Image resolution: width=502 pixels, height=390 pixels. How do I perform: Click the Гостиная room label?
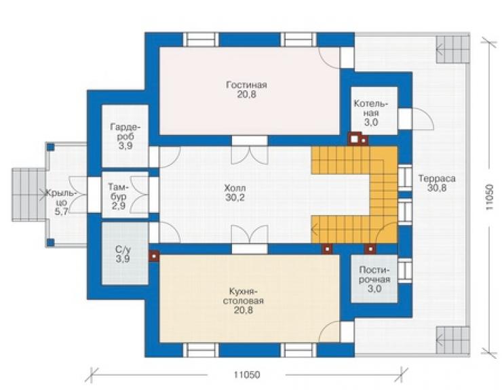(x=246, y=85)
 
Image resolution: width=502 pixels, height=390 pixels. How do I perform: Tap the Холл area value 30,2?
(x=235, y=197)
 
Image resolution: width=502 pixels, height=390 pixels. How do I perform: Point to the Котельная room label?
(x=371, y=109)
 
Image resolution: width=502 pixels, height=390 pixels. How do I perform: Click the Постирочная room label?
(x=374, y=275)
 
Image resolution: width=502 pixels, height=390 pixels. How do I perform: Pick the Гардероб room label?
(x=125, y=132)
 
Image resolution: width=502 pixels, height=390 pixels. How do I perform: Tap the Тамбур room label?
(x=119, y=191)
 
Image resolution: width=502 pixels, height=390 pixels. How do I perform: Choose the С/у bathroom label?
(x=123, y=250)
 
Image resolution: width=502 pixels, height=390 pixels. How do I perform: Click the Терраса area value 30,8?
(x=437, y=188)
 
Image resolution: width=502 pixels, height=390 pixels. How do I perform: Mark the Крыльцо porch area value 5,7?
(x=61, y=212)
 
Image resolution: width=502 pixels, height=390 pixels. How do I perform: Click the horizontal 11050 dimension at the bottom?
(x=246, y=374)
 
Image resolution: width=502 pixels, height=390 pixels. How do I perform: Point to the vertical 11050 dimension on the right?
(x=488, y=197)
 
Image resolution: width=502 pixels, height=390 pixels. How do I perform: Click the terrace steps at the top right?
(x=452, y=50)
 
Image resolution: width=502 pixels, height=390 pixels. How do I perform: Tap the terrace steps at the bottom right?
(x=452, y=340)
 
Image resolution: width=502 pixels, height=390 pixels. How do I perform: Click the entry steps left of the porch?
(x=28, y=195)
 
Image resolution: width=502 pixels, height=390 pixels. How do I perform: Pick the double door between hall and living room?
(x=250, y=151)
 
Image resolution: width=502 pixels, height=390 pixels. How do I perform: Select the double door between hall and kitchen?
(x=250, y=239)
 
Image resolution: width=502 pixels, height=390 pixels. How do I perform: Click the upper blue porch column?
(x=51, y=147)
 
